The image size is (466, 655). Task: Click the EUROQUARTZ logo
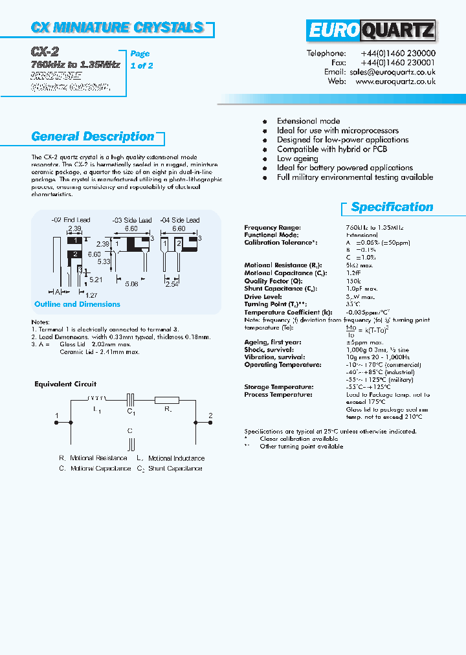371,31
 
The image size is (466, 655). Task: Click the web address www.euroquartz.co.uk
395,82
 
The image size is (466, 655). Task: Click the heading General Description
93,137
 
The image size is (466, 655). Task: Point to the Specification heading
392,207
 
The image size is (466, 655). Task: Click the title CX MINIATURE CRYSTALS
117,27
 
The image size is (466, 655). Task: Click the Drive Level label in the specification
263,296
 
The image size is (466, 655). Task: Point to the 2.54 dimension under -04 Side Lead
172,284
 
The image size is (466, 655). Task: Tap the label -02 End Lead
71,220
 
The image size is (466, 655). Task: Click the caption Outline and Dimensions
77,304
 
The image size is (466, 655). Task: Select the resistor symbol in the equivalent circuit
166,401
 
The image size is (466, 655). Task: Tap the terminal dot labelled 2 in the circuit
196,421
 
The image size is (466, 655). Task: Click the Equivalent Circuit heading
65,384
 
